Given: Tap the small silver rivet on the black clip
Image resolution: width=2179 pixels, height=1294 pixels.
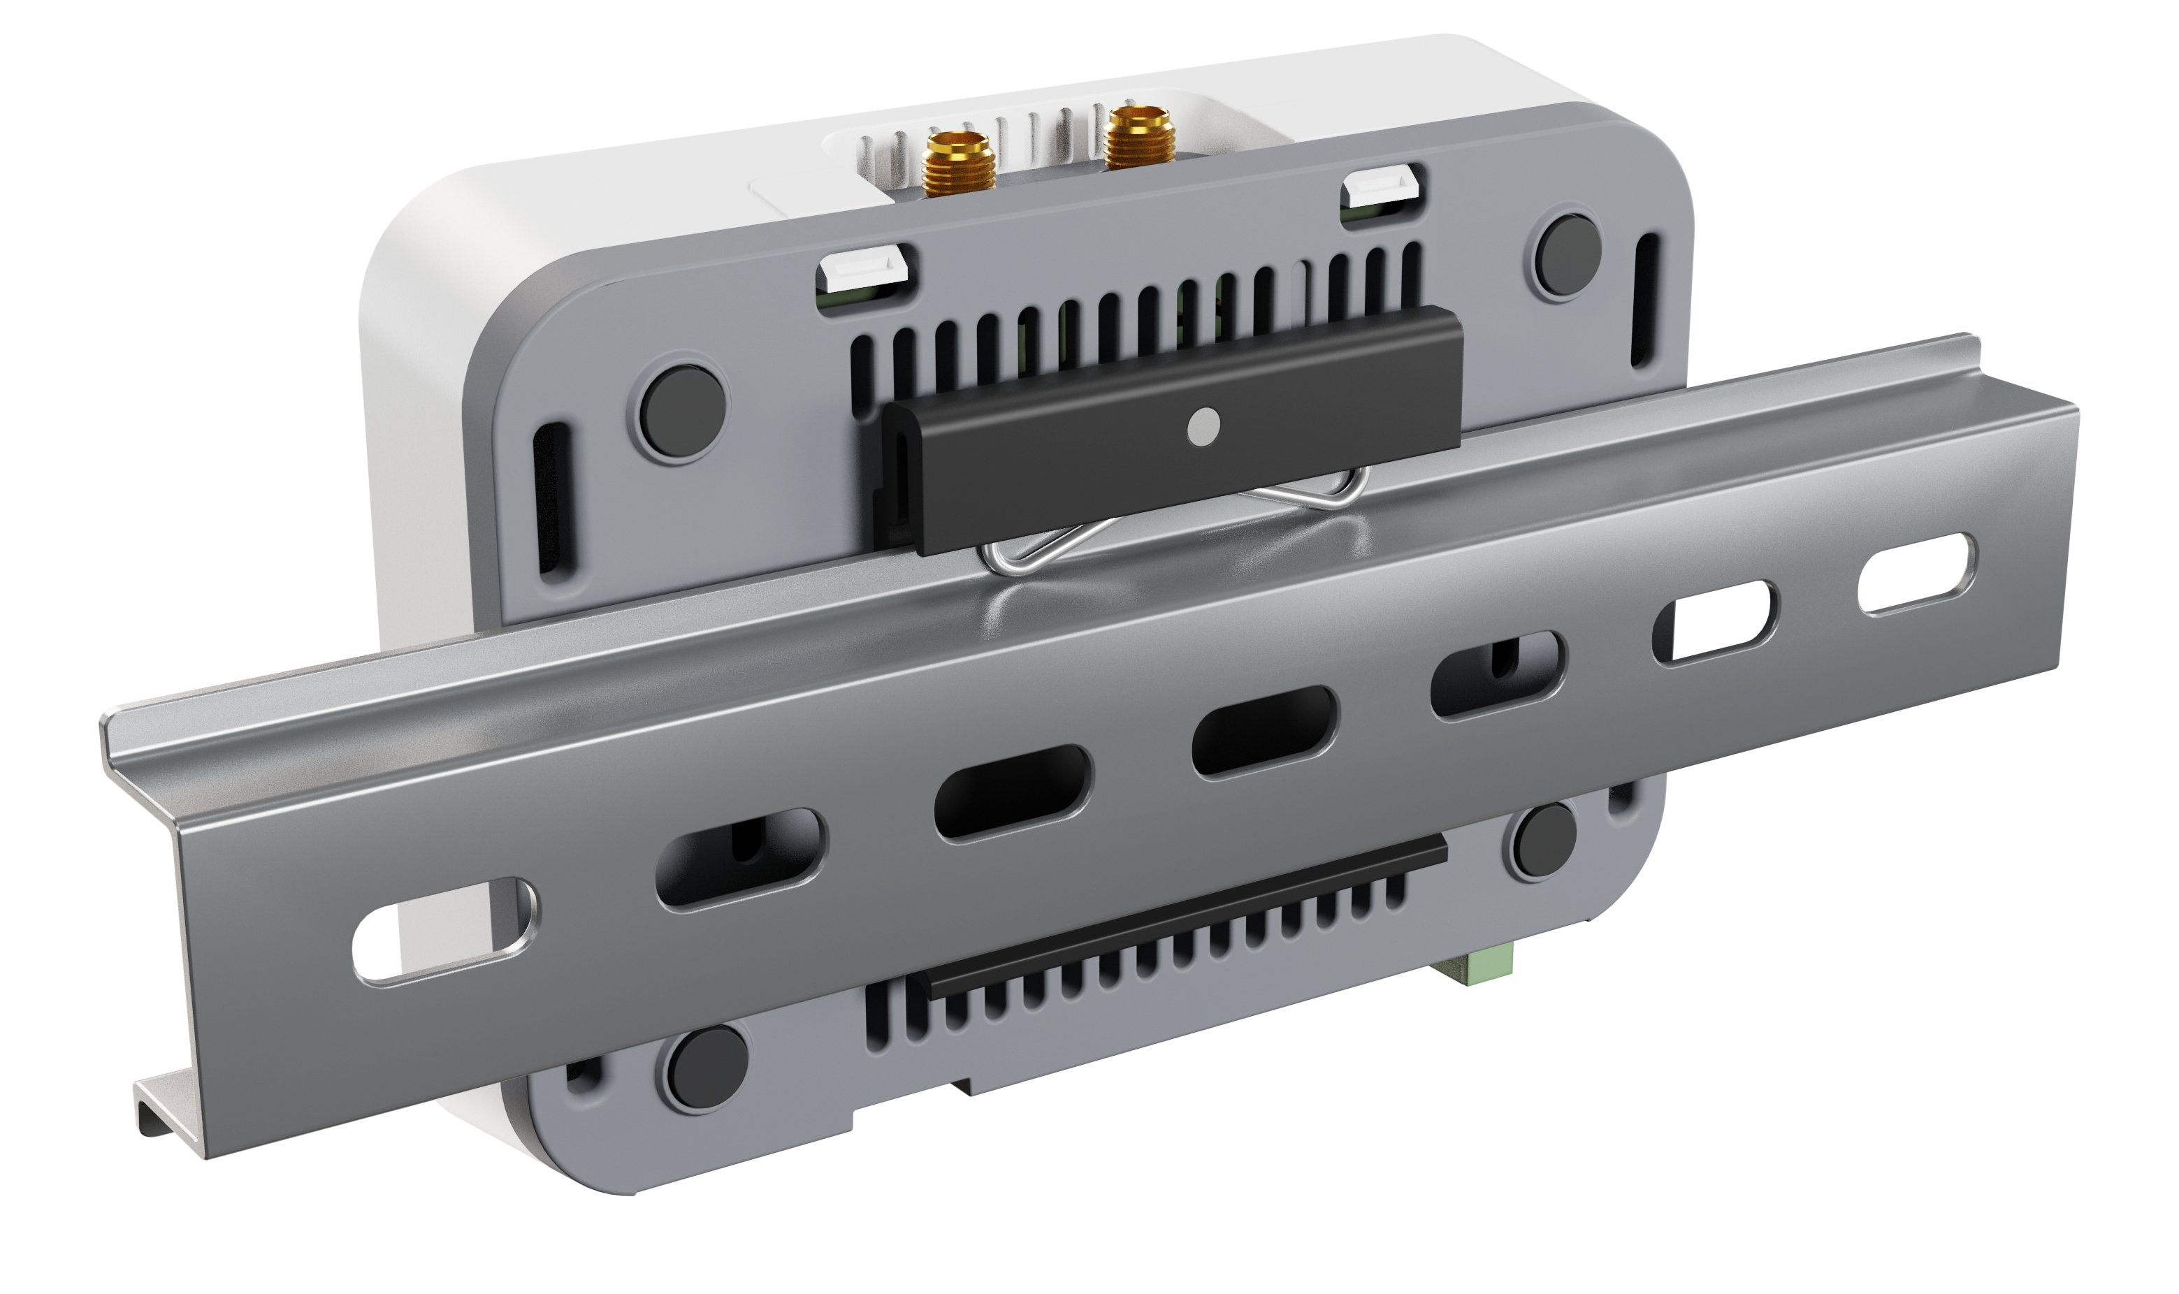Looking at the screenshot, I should [x=1204, y=426].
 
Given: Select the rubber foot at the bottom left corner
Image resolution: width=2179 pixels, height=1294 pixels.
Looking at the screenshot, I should [x=704, y=1069].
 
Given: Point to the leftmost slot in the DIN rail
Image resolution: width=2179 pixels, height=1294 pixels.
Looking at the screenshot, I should [x=443, y=932].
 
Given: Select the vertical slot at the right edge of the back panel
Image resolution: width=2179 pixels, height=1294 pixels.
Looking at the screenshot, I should [x=1644, y=299].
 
